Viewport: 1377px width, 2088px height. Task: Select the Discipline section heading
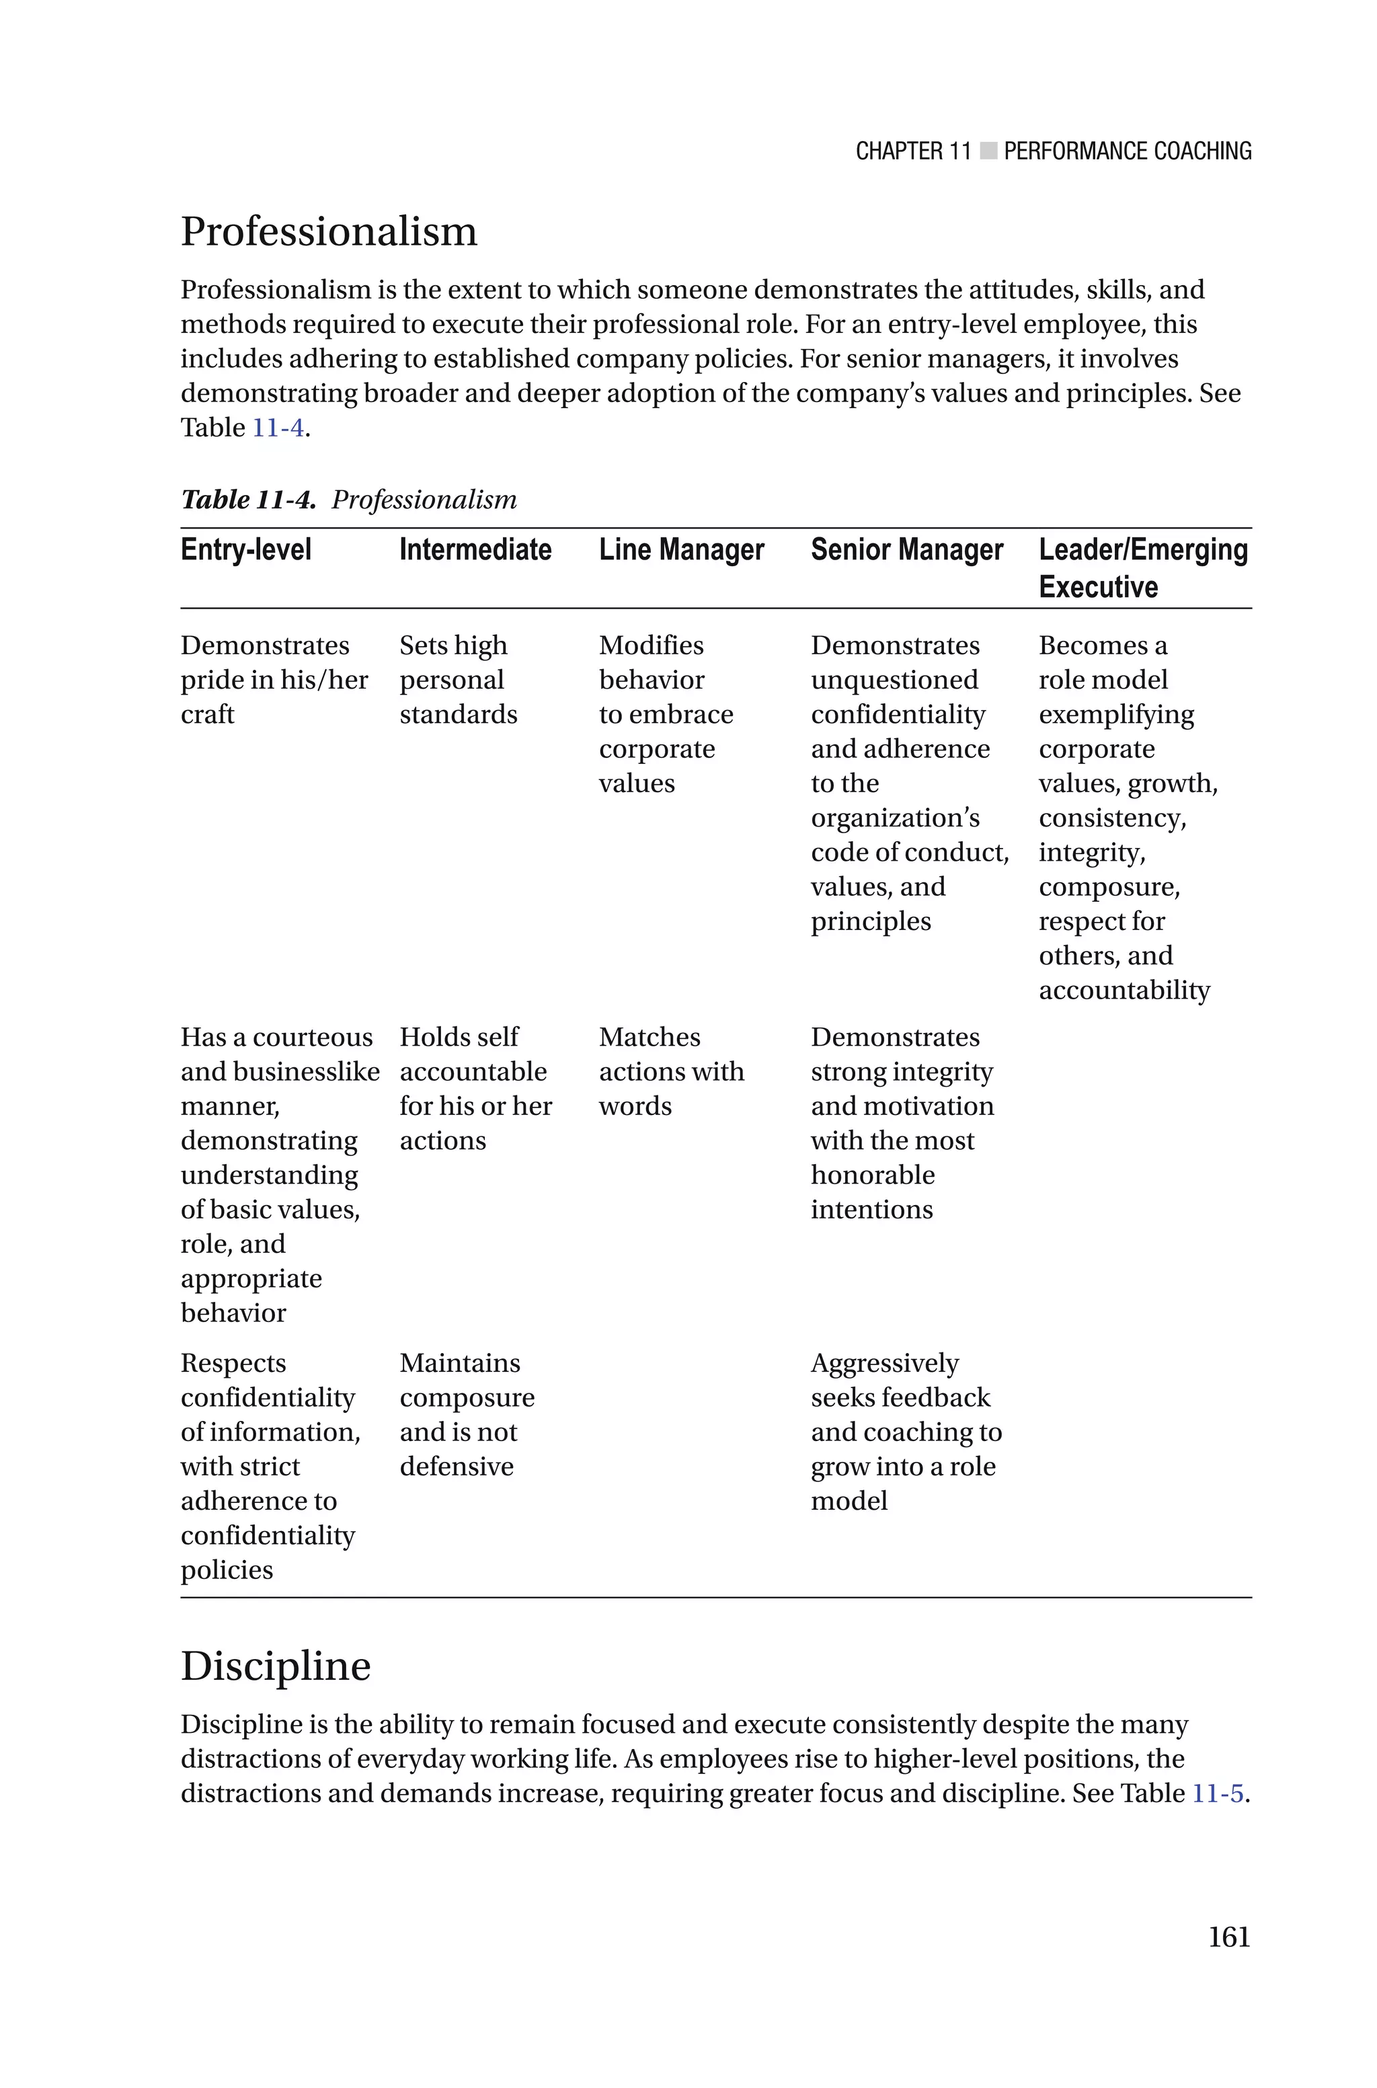point(276,1666)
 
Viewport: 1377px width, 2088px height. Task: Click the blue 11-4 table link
point(278,428)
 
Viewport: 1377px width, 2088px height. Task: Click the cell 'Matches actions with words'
point(671,1071)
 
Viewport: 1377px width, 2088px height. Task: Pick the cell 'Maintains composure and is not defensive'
point(467,1415)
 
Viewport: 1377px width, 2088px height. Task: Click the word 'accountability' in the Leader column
point(1124,991)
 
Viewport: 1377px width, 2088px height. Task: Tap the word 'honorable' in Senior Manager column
point(872,1175)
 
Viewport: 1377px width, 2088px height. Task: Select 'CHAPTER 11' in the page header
point(912,152)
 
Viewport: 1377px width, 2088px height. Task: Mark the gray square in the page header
point(988,151)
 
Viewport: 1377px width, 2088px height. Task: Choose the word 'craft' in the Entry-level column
point(207,715)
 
